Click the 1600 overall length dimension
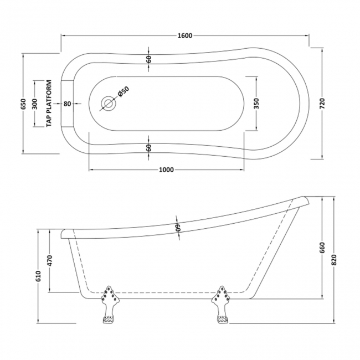click(184, 36)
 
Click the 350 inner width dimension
click(256, 104)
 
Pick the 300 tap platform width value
click(34, 104)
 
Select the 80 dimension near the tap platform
click(67, 104)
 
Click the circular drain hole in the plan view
click(107, 104)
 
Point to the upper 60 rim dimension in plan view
click(149, 60)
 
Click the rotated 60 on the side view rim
click(178, 228)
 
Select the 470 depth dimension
click(49, 261)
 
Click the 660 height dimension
click(321, 248)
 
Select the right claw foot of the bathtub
click(221, 305)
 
